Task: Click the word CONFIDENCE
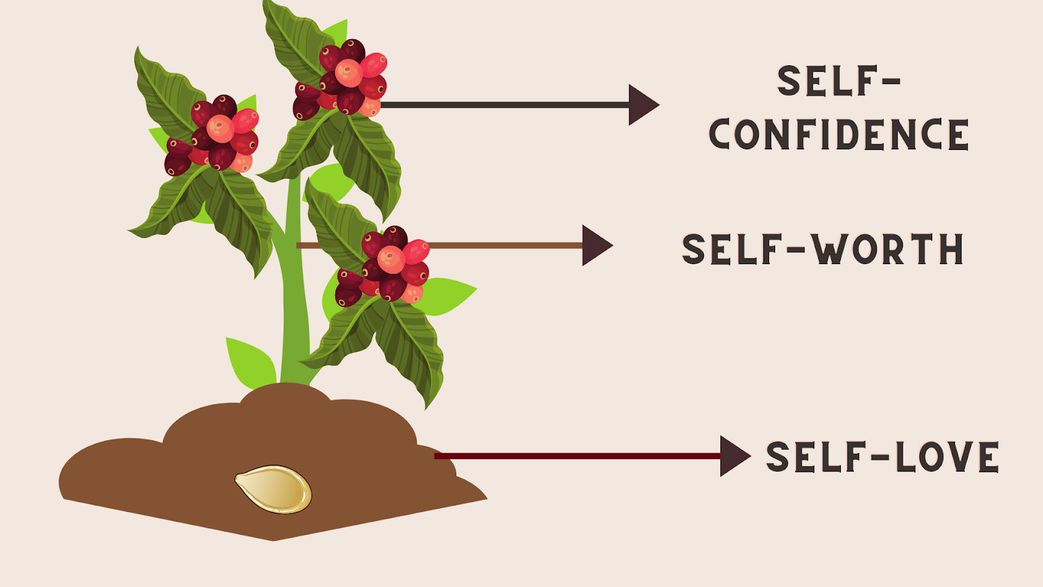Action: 839,134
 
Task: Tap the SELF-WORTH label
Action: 823,249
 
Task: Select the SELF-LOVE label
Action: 882,457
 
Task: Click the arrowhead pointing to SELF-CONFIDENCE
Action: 642,104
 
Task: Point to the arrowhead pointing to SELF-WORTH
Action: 596,245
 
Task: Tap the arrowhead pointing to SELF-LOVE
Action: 734,456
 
